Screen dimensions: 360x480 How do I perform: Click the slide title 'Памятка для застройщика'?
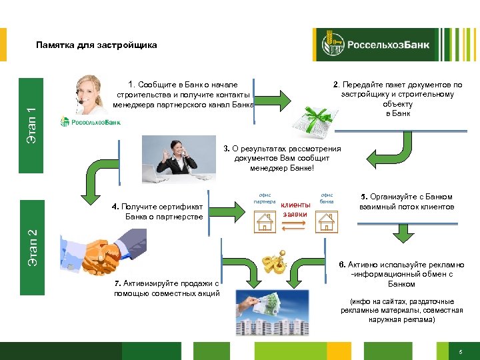coord(97,45)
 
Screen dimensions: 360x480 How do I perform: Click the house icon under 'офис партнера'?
coord(265,220)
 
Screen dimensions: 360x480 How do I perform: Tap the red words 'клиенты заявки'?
coord(295,209)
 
